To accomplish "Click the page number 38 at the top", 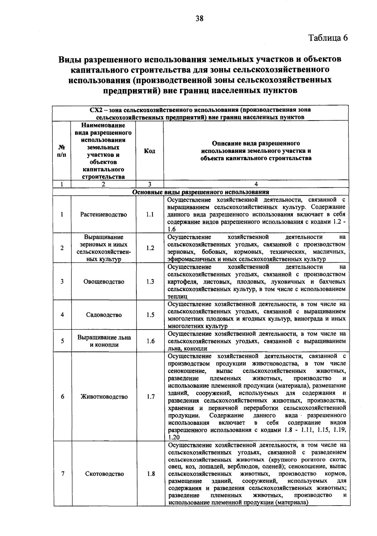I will [199, 19].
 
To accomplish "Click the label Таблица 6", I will [328, 38].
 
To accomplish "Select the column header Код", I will [150, 151].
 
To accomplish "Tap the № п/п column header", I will [62, 151].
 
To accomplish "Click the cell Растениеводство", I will [104, 215].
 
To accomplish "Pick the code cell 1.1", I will [150, 215].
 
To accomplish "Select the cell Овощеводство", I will [104, 281].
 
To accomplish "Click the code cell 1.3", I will [150, 281].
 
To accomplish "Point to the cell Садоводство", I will [104, 315].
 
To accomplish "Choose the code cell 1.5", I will [150, 315].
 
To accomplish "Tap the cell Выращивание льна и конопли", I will [104, 341].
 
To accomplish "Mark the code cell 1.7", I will [151, 397].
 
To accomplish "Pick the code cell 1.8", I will [151, 474].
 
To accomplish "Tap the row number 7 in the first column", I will [63, 474].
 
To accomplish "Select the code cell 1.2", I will [150, 248].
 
